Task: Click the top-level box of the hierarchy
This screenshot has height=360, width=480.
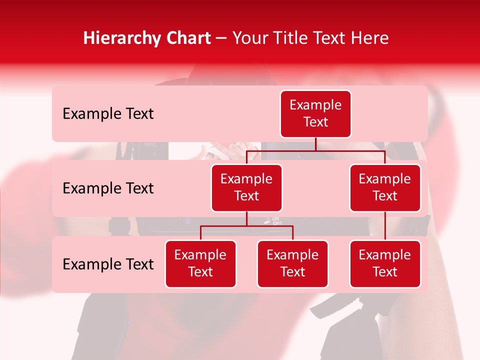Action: click(x=315, y=114)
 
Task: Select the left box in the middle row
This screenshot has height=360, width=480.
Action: click(x=246, y=188)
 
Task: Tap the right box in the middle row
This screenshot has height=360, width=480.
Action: click(x=385, y=188)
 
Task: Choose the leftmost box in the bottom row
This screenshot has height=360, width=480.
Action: click(x=200, y=264)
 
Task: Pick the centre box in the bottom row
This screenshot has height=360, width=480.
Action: click(x=292, y=264)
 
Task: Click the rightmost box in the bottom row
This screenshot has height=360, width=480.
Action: click(x=385, y=264)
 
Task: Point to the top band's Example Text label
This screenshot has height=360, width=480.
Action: click(x=108, y=114)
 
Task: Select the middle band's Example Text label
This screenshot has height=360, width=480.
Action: click(x=108, y=188)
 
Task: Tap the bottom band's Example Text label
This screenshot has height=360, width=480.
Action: click(x=108, y=264)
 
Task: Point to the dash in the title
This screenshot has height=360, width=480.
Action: click(x=221, y=39)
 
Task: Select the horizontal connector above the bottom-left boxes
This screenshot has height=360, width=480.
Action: click(x=246, y=226)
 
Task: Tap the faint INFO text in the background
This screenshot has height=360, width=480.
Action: click(x=150, y=145)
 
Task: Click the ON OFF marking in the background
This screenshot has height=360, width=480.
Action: click(x=276, y=221)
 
